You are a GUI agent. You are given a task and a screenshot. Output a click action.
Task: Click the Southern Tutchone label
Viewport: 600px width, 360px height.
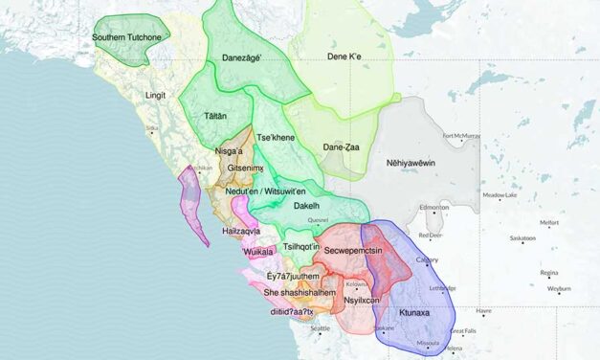[x=131, y=37]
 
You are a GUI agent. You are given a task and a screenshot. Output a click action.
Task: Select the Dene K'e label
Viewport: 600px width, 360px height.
[x=350, y=56]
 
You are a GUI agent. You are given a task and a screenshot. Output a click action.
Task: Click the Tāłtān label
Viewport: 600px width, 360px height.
[x=214, y=115]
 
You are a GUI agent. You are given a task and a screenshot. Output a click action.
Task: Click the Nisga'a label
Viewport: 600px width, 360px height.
[x=234, y=150]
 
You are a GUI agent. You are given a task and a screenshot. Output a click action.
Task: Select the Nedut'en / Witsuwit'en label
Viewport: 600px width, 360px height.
[x=265, y=191]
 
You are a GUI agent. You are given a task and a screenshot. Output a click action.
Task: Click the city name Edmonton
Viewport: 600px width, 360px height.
[x=433, y=208]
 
